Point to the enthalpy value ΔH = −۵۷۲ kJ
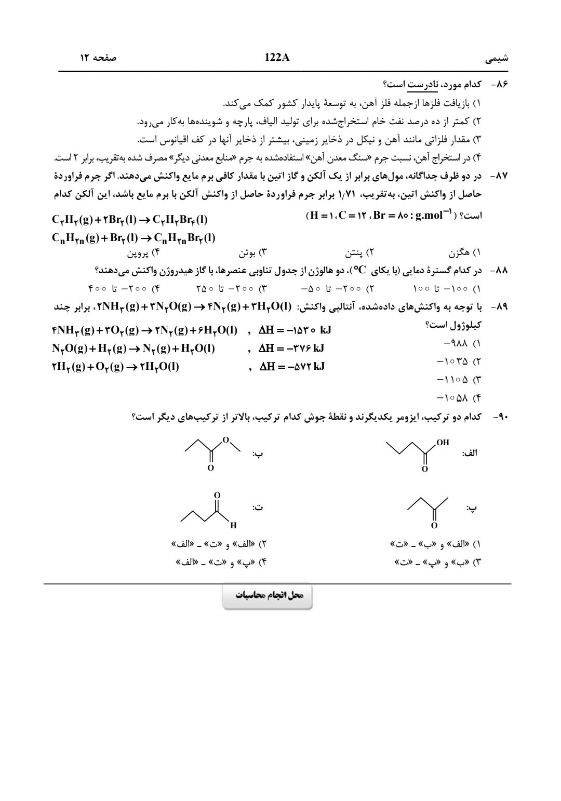coord(291,367)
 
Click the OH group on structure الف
coord(443,443)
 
